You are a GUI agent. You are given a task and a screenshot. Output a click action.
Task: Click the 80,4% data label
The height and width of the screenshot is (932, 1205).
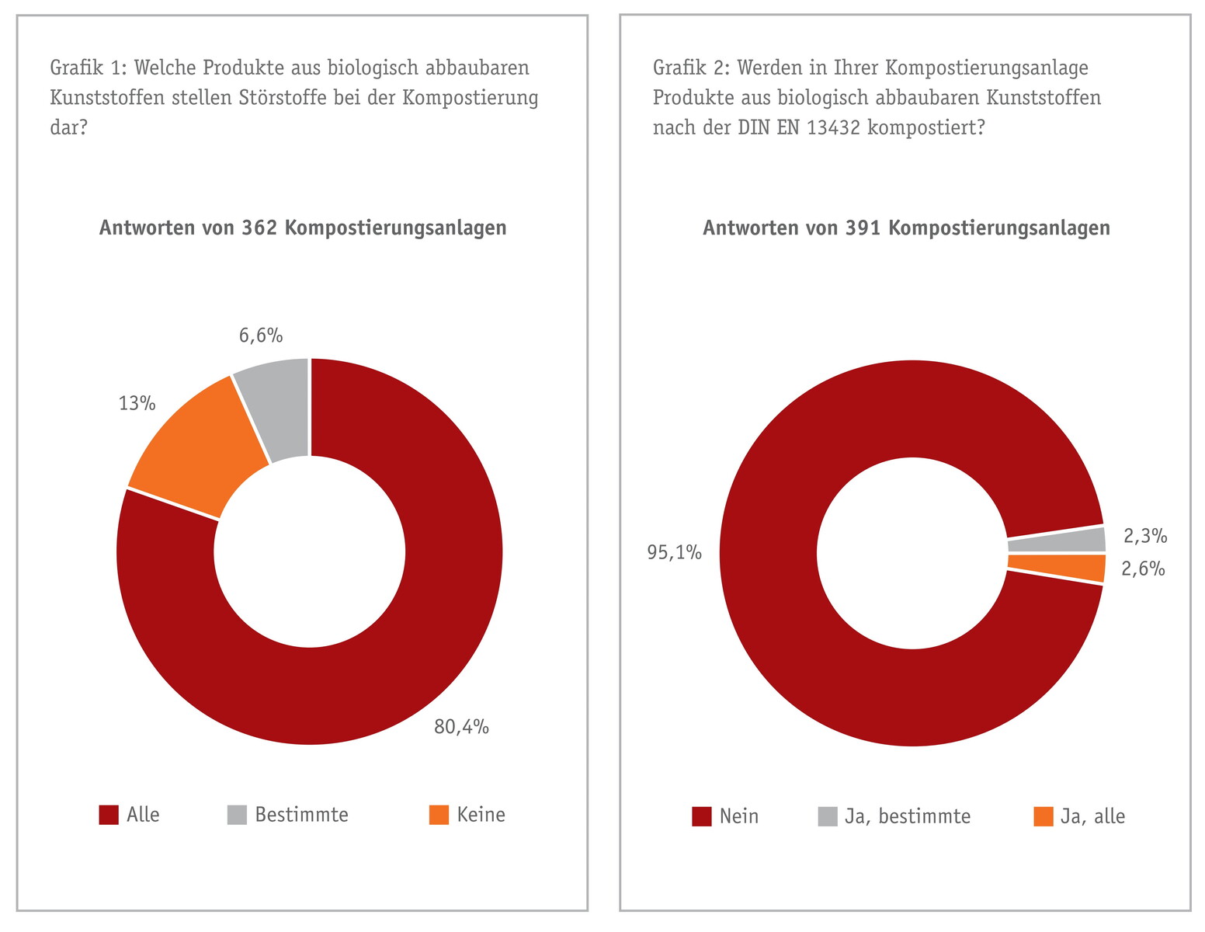[x=461, y=727]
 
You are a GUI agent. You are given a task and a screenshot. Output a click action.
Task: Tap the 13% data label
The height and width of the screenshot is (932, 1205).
[x=137, y=404]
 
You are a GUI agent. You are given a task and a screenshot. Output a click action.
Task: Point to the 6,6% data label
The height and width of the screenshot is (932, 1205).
[x=261, y=336]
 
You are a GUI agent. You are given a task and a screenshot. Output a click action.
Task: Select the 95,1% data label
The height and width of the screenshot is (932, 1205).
[x=675, y=553]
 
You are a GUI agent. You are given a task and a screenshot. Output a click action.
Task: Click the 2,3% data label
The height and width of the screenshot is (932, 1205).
[x=1145, y=536]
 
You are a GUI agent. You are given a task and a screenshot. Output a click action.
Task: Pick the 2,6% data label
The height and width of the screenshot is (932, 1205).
[x=1143, y=569]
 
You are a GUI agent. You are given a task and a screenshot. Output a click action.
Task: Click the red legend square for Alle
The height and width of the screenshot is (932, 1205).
[x=109, y=815]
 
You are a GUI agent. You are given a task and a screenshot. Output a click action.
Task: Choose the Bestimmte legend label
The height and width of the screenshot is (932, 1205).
[x=301, y=815]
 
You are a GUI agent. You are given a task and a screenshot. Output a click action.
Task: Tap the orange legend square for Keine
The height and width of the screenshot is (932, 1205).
[x=439, y=815]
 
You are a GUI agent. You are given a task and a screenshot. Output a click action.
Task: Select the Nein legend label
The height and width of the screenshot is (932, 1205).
[x=738, y=816]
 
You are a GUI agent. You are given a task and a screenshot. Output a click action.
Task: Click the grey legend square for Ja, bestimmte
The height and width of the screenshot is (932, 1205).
[x=828, y=817]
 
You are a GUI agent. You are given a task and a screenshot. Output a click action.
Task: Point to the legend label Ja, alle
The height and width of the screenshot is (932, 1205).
[x=1092, y=816]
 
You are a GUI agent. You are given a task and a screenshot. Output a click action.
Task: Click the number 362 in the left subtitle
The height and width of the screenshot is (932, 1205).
[x=259, y=228]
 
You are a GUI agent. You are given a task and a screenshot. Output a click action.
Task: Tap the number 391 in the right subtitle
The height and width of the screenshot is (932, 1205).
[x=863, y=228]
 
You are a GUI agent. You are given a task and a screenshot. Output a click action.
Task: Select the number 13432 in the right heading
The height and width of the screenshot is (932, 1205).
[x=834, y=127]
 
